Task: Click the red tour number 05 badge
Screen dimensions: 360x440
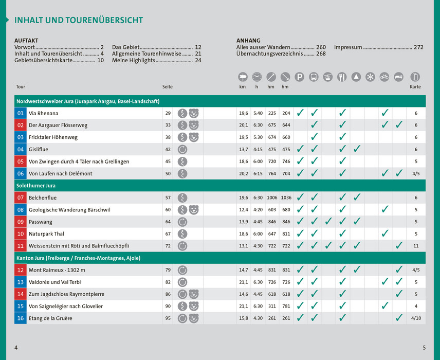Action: click(x=21, y=161)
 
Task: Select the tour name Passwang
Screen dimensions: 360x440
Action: click(x=40, y=222)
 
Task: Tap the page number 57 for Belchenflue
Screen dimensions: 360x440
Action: click(x=168, y=197)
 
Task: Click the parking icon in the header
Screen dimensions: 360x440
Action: click(x=300, y=77)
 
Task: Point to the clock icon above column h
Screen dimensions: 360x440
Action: click(x=257, y=77)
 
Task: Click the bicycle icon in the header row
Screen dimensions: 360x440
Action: click(x=384, y=77)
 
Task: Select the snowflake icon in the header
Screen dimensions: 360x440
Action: click(x=370, y=77)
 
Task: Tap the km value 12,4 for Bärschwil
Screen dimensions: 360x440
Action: click(x=243, y=210)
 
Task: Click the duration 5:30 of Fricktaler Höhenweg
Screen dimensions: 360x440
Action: click(x=258, y=137)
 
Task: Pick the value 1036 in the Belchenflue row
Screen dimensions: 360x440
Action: click(x=286, y=197)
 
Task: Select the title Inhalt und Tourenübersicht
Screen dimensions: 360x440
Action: click(x=79, y=21)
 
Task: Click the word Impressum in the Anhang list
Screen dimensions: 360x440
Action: click(x=348, y=47)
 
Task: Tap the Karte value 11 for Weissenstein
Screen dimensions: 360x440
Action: click(x=416, y=246)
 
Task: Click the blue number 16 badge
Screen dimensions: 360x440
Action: click(x=21, y=318)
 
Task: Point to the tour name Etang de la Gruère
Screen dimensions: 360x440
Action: click(x=50, y=318)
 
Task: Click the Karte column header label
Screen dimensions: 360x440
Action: click(x=415, y=87)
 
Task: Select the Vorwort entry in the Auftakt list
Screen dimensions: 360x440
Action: click(x=25, y=47)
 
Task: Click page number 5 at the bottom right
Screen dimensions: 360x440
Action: click(x=424, y=348)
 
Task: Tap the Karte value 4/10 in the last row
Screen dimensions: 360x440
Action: click(x=416, y=318)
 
